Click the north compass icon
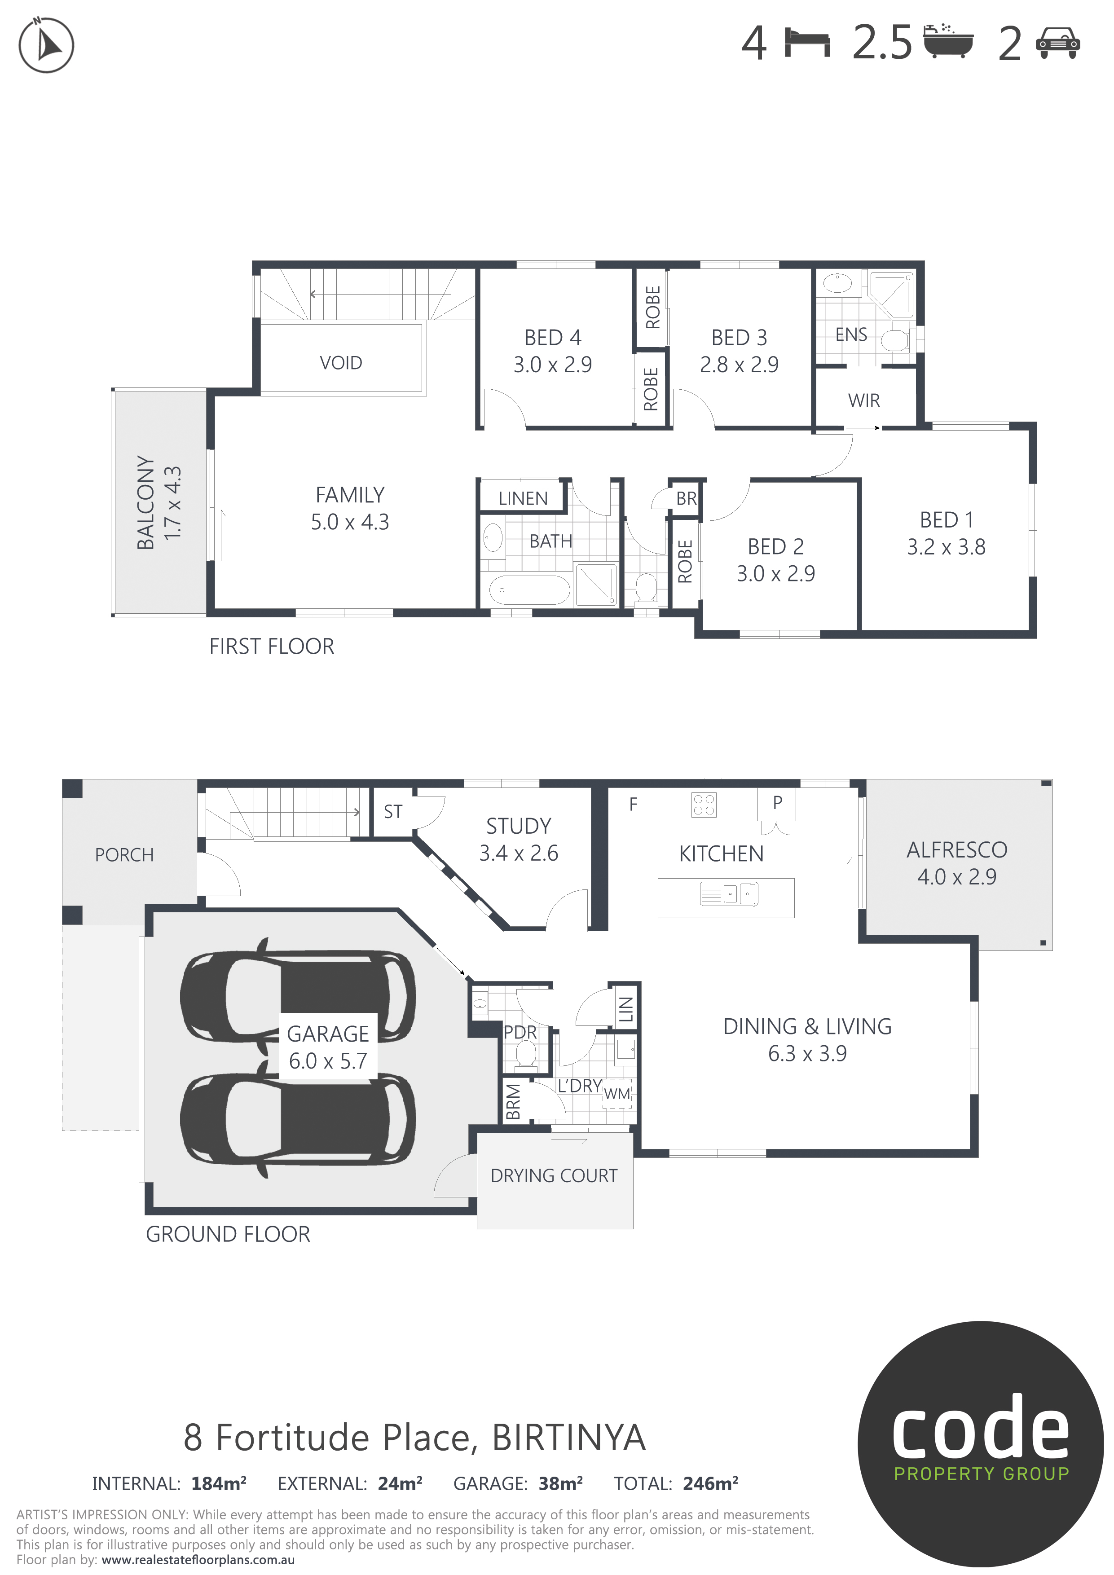coord(46,45)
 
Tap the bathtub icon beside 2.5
coord(948,41)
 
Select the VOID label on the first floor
coord(341,363)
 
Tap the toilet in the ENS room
coord(895,339)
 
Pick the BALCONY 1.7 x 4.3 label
coord(159,502)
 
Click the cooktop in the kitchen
coord(705,805)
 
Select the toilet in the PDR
coord(527,1054)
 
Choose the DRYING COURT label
coord(554,1176)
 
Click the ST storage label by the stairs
coord(393,812)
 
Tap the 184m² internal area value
coord(219,1484)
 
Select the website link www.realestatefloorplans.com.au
coord(198,1560)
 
